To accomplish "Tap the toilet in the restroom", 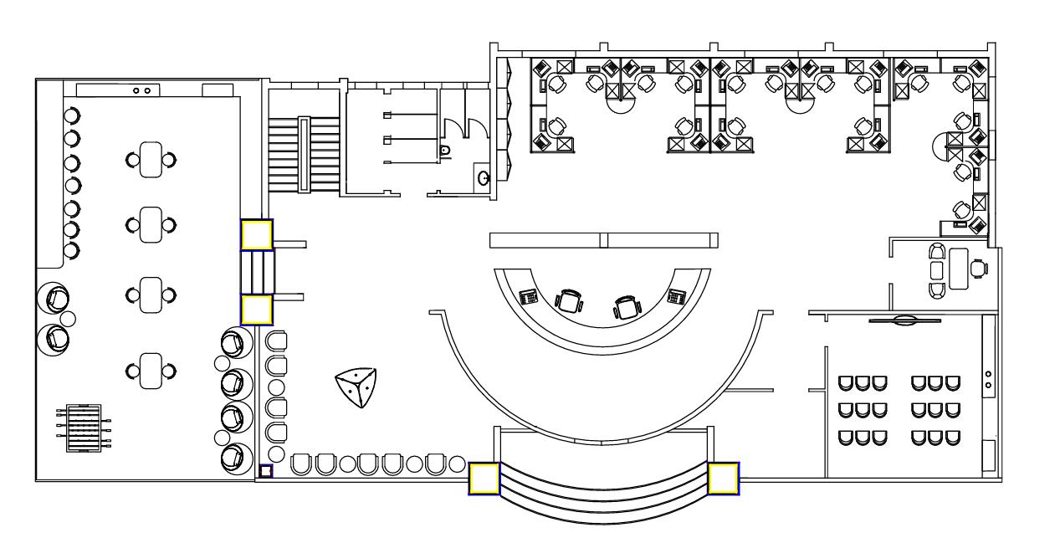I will coord(445,150).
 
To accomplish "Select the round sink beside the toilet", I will coord(484,177).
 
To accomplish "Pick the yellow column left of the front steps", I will coord(484,479).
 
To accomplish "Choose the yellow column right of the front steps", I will coord(723,478).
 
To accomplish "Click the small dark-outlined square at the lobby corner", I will coord(265,471).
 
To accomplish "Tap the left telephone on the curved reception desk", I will coord(529,295).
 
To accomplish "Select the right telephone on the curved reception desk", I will coord(676,295).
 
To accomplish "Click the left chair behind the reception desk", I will coord(569,300).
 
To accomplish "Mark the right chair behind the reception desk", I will coord(626,307).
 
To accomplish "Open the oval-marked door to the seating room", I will coord(904,320).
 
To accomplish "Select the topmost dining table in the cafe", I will coord(151,159).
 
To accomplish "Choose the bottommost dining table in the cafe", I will coord(151,369).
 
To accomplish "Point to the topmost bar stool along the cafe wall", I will coord(72,115).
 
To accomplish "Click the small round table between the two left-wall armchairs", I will coord(69,318).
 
